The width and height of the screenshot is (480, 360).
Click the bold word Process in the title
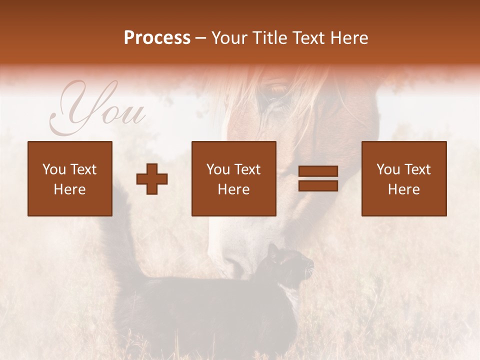(157, 38)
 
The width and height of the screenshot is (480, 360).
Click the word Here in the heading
(349, 38)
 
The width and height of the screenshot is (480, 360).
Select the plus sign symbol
(152, 179)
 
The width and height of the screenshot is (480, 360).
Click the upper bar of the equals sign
(318, 171)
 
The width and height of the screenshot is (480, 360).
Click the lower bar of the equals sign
(318, 186)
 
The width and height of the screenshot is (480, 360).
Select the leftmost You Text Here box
(70, 178)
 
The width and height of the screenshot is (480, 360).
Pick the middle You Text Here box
(233, 178)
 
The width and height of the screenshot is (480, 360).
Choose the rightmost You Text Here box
(404, 178)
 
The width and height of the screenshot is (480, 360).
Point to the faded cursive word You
(97, 110)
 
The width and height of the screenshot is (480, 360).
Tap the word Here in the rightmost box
(404, 189)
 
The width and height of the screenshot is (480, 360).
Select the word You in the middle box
(218, 169)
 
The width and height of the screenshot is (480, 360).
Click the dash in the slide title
(201, 38)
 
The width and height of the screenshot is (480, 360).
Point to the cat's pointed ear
(273, 248)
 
